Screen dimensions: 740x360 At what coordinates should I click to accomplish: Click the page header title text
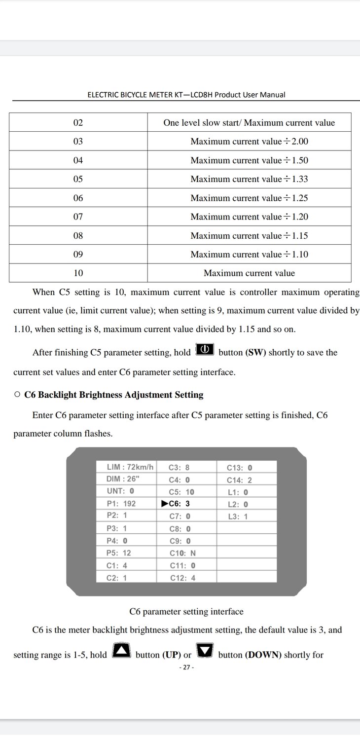[186, 95]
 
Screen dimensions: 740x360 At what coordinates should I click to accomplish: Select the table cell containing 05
[78, 179]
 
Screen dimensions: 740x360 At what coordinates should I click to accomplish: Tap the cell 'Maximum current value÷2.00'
[249, 142]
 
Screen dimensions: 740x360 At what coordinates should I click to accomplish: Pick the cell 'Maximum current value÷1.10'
[249, 255]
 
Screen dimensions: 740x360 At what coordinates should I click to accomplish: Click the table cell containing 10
[78, 273]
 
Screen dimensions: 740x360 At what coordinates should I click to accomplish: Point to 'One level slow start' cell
[249, 123]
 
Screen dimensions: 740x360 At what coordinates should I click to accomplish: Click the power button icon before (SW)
[205, 350]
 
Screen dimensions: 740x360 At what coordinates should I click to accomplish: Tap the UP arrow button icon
[121, 651]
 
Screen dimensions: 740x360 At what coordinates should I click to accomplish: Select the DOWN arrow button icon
[205, 651]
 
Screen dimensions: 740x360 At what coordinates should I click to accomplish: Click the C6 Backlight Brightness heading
[113, 395]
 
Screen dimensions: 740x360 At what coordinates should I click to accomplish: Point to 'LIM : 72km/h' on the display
[130, 467]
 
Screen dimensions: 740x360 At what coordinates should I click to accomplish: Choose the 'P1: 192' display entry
[121, 504]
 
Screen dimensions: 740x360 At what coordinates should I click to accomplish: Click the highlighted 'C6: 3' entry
[176, 504]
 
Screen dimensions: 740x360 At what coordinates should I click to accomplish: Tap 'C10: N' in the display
[182, 554]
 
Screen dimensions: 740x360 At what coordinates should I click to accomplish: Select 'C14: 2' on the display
[239, 480]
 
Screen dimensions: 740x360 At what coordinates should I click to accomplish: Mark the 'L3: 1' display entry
[238, 517]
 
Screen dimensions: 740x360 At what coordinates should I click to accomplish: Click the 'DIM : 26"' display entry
[123, 479]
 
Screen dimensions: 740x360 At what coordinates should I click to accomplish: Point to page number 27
[186, 667]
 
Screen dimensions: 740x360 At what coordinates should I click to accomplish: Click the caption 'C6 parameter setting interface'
[186, 612]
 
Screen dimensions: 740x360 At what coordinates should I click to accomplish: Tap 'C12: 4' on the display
[182, 578]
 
